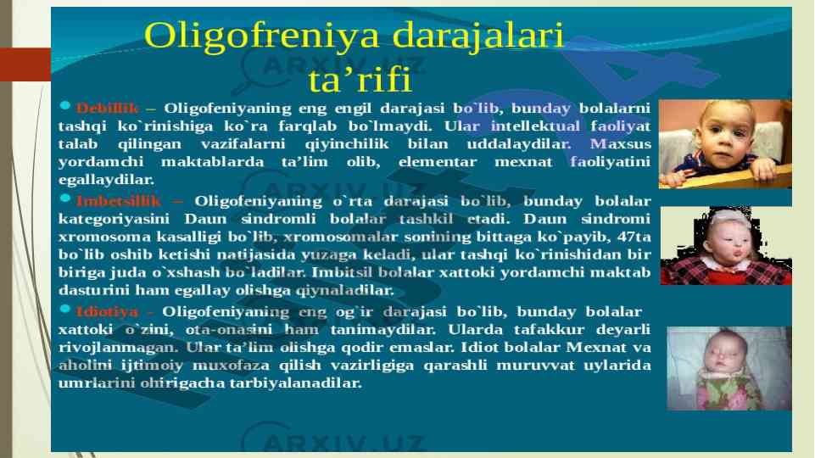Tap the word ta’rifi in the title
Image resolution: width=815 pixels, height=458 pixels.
click(360, 81)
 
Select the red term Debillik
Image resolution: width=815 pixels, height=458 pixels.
click(107, 108)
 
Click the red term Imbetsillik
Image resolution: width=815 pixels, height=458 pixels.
click(119, 201)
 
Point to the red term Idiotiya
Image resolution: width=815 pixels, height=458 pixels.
click(107, 312)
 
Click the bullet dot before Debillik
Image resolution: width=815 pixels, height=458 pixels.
click(65, 105)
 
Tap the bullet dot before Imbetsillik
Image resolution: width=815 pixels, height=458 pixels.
click(65, 198)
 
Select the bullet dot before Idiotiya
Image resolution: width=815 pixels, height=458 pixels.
click(65, 309)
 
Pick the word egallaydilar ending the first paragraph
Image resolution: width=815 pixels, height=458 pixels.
click(106, 180)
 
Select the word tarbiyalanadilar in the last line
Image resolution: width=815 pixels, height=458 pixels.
click(295, 383)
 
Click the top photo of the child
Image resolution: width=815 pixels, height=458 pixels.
click(725, 143)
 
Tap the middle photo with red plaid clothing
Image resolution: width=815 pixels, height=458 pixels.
click(726, 245)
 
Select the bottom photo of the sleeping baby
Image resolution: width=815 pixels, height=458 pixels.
click(729, 369)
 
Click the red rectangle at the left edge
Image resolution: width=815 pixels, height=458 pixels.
click(25, 64)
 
